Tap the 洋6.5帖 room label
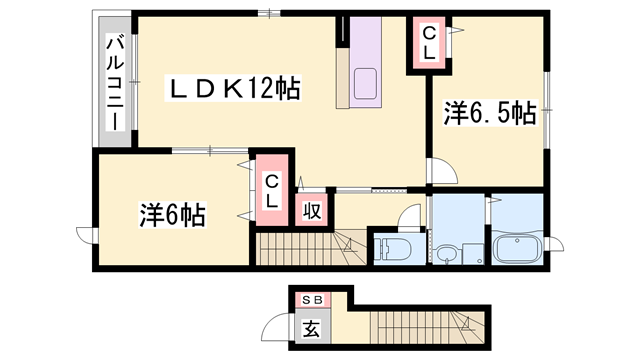(489, 114)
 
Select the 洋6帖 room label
(172, 213)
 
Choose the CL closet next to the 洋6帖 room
(271, 189)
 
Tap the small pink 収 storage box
(312, 210)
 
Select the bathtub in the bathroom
(516, 246)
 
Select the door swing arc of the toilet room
(409, 216)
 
